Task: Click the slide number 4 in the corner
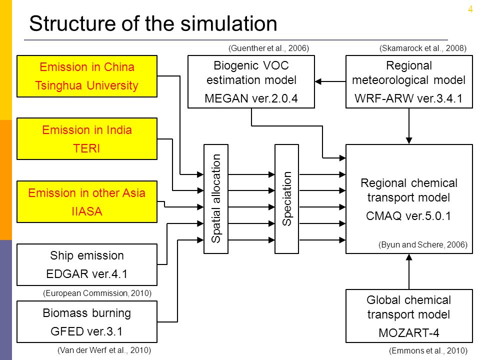coord(470,9)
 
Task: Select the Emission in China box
coord(87,76)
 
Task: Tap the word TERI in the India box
coord(86,148)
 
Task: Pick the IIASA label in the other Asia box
coord(86,211)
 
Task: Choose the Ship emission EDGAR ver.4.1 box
coord(87,265)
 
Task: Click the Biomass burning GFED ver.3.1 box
coord(87,321)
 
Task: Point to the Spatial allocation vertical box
coord(216,199)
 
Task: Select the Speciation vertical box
coord(287,199)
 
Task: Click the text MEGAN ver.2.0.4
coord(251,98)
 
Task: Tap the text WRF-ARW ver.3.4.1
coord(408,98)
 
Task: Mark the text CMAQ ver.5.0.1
coord(408,216)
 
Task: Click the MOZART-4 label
coord(408,333)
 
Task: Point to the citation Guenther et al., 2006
coord(268,48)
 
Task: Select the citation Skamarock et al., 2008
coord(423,48)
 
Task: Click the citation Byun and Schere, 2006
coord(423,245)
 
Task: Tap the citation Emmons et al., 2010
coord(428,351)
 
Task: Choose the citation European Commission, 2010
coord(97,293)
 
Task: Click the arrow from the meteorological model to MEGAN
coord(330,81)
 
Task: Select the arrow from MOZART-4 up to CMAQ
coord(409,271)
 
